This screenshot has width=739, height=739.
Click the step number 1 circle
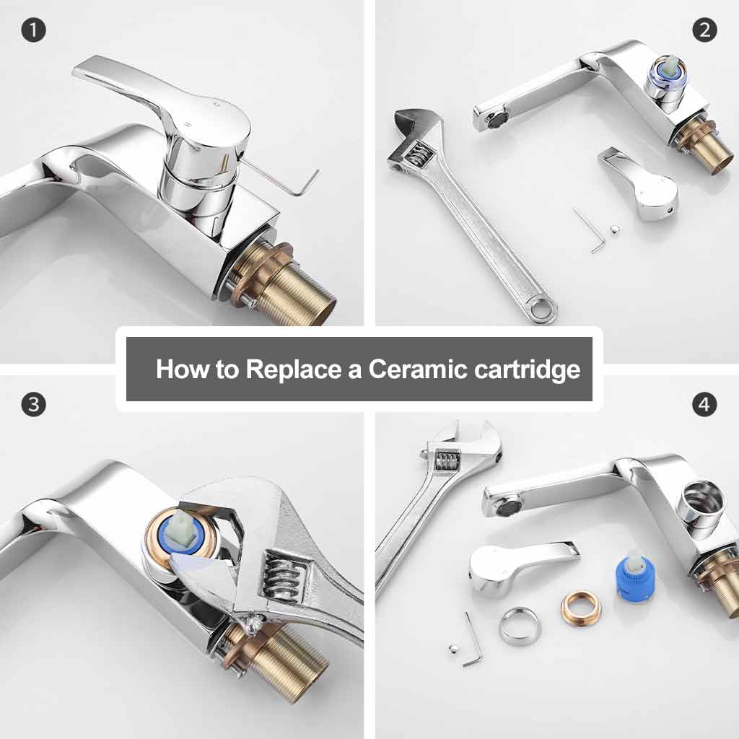[33, 30]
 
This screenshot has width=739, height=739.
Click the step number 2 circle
[704, 30]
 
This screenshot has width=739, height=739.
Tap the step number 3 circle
[33, 404]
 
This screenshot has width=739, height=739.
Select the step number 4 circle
[704, 404]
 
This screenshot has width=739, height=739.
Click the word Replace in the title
[292, 369]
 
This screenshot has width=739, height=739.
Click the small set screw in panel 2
[613, 230]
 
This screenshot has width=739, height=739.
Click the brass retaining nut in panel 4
[580, 608]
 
